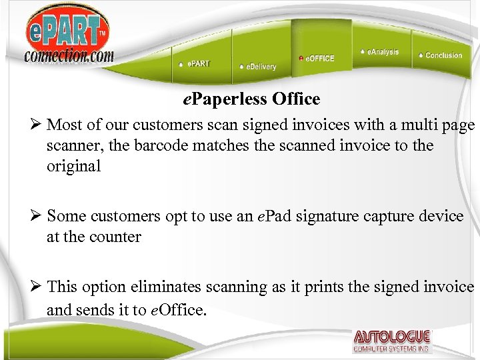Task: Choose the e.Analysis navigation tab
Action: point(381,51)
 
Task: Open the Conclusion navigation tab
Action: point(441,55)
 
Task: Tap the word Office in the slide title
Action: point(296,99)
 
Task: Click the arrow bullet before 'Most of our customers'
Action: point(37,125)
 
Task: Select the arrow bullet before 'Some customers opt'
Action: point(37,216)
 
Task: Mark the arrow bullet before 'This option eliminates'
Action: point(37,287)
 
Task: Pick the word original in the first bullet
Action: point(73,166)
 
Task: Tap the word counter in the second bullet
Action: point(117,237)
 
